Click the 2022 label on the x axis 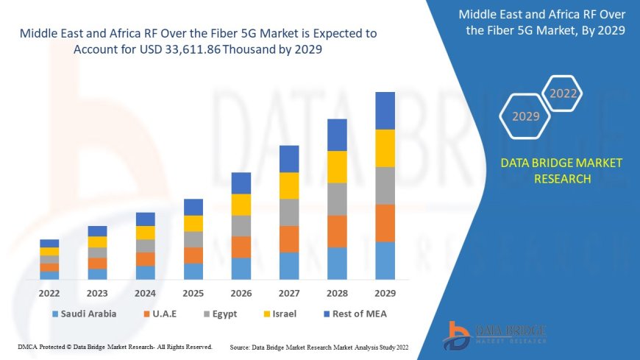pyautogui.click(x=49, y=293)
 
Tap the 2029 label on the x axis pyautogui.click(x=385, y=293)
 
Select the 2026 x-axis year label pyautogui.click(x=241, y=293)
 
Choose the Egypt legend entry pyautogui.click(x=223, y=314)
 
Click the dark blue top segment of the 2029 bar pyautogui.click(x=385, y=110)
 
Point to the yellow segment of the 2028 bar pyautogui.click(x=337, y=166)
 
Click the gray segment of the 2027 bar pyautogui.click(x=289, y=212)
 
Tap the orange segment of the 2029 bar pyautogui.click(x=385, y=222)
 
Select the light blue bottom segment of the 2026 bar pyautogui.click(x=241, y=268)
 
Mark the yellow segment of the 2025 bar pyautogui.click(x=193, y=223)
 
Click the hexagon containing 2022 pyautogui.click(x=563, y=93)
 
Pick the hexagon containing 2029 pyautogui.click(x=525, y=116)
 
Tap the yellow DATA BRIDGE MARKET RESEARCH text pyautogui.click(x=561, y=171)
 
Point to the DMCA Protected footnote pyautogui.click(x=114, y=346)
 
